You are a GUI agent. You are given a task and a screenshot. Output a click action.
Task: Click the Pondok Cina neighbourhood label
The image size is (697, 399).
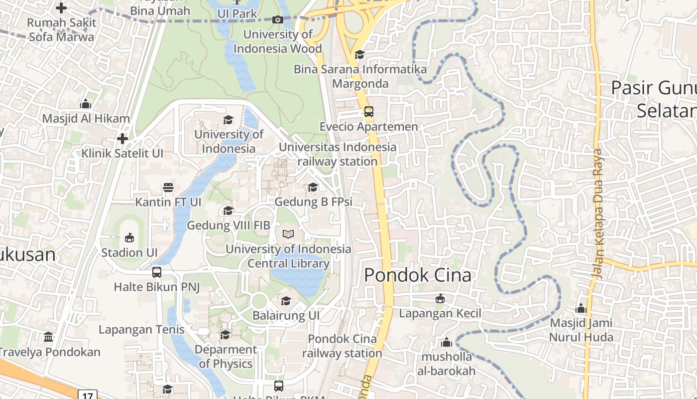tap(418, 275)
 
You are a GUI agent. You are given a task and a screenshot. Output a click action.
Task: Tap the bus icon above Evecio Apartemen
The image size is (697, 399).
tap(368, 112)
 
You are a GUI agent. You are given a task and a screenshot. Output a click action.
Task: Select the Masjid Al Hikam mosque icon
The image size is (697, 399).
tap(86, 104)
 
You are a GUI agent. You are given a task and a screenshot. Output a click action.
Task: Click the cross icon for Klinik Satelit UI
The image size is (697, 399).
tap(122, 139)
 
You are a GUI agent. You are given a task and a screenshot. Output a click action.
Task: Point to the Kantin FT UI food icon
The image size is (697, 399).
tap(168, 188)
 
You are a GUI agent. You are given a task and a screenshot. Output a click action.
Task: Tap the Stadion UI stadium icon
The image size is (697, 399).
tap(129, 237)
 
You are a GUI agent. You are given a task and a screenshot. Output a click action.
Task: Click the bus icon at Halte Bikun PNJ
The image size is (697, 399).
tap(157, 272)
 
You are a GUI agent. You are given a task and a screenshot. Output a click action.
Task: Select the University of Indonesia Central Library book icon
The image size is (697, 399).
tap(288, 234)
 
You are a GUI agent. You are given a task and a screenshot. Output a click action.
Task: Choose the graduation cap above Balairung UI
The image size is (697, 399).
tap(286, 301)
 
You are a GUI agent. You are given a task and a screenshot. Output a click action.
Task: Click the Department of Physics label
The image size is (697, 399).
tap(226, 357)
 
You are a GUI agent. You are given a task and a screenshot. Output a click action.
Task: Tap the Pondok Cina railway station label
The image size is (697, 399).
tap(342, 346)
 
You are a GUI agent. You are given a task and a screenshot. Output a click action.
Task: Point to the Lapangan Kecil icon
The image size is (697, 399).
tap(440, 299)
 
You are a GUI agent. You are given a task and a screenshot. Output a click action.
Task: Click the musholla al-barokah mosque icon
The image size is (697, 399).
tap(447, 342)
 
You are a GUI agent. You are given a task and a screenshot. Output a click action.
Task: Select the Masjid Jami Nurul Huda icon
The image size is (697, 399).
tap(581, 308)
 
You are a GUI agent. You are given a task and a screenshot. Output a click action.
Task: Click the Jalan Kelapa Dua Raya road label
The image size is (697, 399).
tap(598, 214)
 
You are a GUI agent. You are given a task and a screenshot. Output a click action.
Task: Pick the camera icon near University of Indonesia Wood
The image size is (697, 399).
tap(278, 20)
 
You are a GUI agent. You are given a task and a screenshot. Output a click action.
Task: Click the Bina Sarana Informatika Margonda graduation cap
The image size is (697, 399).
tap(359, 54)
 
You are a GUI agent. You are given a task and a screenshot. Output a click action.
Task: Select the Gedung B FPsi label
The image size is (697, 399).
tap(313, 202)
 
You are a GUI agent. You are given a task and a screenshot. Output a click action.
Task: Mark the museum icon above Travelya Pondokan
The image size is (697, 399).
tap(48, 337)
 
